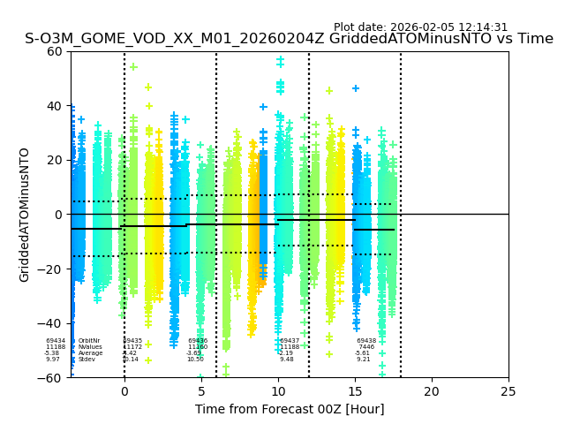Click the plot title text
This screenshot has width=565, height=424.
click(289, 39)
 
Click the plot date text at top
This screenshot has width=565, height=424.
click(420, 27)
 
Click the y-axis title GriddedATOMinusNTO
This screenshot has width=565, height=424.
click(25, 215)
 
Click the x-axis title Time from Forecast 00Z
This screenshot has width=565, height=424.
click(290, 409)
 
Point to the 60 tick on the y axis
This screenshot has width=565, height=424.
click(56, 51)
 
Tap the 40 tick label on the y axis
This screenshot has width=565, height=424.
click(56, 106)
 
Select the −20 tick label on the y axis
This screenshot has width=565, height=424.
click(52, 269)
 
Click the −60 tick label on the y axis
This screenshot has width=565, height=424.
click(52, 378)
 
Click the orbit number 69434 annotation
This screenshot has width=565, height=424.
click(56, 341)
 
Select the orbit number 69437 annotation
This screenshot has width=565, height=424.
click(290, 341)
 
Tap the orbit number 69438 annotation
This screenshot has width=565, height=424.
click(366, 341)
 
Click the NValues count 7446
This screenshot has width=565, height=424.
click(366, 347)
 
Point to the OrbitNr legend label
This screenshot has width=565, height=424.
click(88, 341)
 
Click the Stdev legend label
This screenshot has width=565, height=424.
click(87, 360)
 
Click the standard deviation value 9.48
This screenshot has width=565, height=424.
click(287, 360)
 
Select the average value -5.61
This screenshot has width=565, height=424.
click(363, 353)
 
